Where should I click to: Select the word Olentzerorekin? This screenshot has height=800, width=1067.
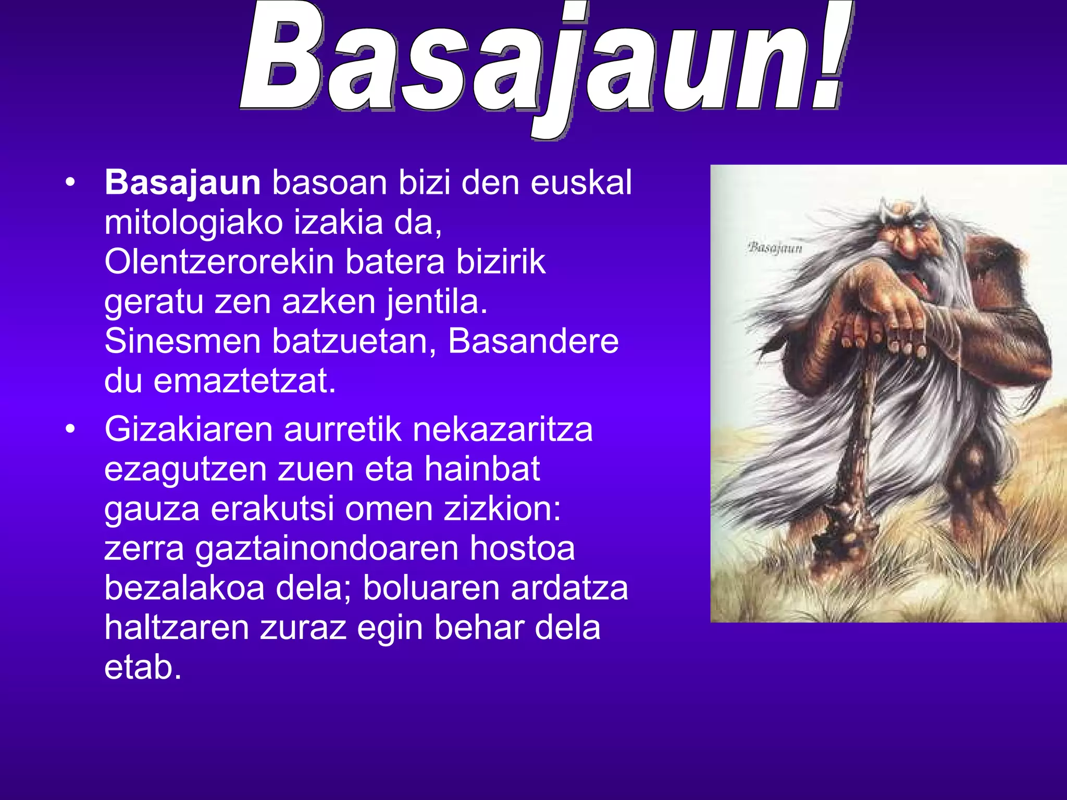(218, 261)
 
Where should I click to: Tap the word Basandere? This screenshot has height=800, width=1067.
(533, 341)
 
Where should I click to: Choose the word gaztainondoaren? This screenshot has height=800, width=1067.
(326, 548)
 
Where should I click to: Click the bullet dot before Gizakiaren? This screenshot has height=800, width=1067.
(70, 429)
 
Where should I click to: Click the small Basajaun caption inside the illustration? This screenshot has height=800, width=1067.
(775, 247)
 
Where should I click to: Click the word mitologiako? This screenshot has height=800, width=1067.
(193, 223)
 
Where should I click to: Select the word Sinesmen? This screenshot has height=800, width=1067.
(182, 341)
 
